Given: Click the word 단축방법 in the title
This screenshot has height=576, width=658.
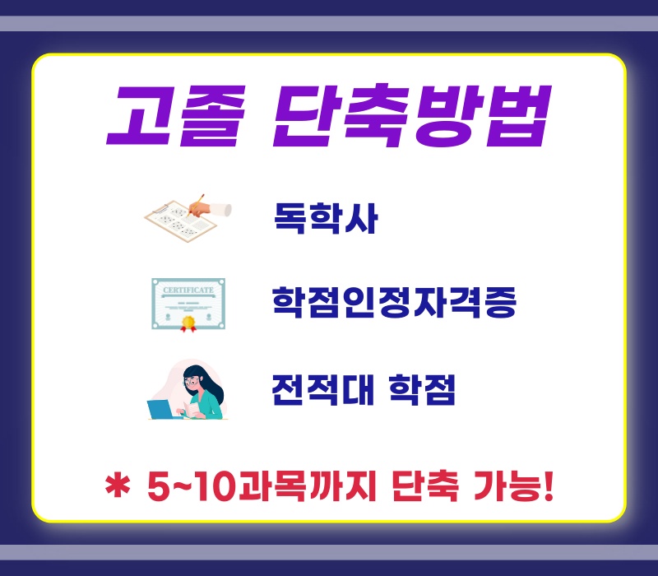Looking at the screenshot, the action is [413, 115].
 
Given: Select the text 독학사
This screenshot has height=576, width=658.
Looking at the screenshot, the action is [326, 218].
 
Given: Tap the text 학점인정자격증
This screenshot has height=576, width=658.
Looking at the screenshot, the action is [394, 302].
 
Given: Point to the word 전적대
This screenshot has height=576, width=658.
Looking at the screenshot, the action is [322, 389].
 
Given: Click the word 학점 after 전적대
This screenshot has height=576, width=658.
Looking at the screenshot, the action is [422, 389].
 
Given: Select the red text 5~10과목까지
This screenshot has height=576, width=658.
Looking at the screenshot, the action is [262, 486].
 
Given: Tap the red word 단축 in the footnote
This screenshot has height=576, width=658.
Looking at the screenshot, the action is [424, 486].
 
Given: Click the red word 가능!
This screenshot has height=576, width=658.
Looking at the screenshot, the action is [513, 486].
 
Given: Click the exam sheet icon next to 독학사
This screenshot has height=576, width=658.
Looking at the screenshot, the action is [180, 221].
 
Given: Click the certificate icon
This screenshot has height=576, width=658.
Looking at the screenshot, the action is [188, 304].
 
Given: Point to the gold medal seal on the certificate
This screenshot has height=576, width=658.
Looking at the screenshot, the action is [188, 323].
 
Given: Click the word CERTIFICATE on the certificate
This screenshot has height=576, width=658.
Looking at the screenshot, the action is [188, 290].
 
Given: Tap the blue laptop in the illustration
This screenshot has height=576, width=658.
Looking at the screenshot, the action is [160, 409].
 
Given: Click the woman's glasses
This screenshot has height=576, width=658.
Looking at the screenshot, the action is [192, 382].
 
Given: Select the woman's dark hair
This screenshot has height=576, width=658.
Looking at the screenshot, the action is [208, 386].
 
